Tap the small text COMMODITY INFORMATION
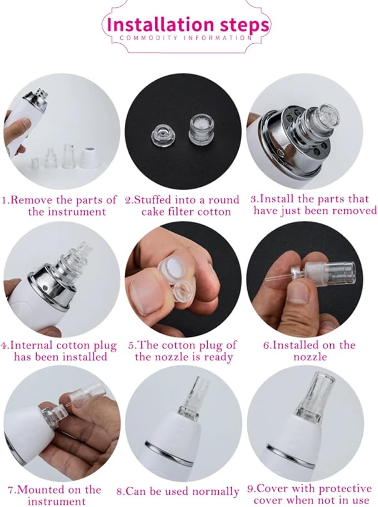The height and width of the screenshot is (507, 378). [186, 38]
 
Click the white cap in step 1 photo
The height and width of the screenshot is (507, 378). [90, 157]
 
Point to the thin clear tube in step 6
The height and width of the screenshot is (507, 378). [279, 277]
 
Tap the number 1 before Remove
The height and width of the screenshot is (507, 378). [4, 201]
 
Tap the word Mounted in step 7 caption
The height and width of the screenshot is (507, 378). [37, 490]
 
